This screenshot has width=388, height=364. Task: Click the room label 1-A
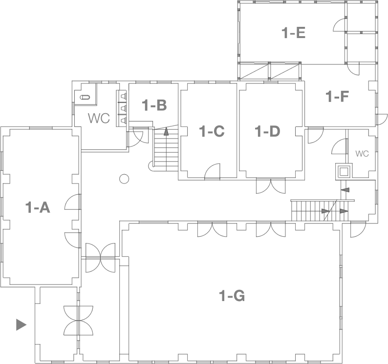click(x=38, y=208)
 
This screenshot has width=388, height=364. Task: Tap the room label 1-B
click(x=154, y=105)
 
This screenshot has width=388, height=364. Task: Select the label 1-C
click(x=212, y=131)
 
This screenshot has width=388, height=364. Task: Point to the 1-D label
click(x=268, y=131)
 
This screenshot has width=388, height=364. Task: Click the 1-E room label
click(x=294, y=33)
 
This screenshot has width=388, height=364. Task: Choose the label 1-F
click(x=338, y=97)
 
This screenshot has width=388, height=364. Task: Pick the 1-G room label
click(x=232, y=296)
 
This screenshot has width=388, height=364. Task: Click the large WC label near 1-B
click(x=98, y=119)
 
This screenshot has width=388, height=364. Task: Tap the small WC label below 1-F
click(x=362, y=154)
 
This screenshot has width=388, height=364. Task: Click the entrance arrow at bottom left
click(x=21, y=324)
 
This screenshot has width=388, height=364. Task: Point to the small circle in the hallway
click(x=125, y=179)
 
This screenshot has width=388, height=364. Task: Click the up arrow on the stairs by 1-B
click(x=166, y=131)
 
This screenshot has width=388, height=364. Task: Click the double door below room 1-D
click(x=270, y=186)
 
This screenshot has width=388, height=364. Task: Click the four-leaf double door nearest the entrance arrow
click(x=78, y=320)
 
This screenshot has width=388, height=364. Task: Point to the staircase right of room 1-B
click(x=165, y=149)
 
